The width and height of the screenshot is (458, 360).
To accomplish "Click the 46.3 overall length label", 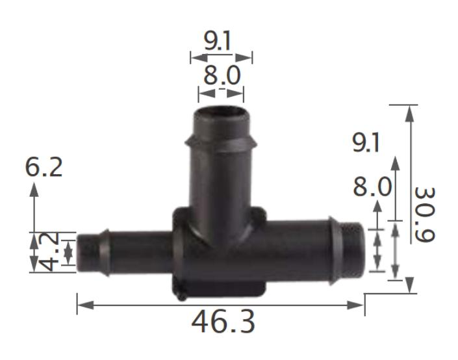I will [223, 322].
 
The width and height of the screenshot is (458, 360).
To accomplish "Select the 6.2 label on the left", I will [44, 167].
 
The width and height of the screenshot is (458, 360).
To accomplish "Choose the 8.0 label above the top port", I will [222, 76].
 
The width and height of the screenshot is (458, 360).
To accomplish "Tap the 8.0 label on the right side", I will [372, 188].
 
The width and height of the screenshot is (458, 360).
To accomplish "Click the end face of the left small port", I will [83, 252].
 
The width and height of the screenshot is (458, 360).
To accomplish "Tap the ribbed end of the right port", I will [354, 250].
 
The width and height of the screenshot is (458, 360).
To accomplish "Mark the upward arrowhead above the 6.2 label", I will [34, 189].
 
